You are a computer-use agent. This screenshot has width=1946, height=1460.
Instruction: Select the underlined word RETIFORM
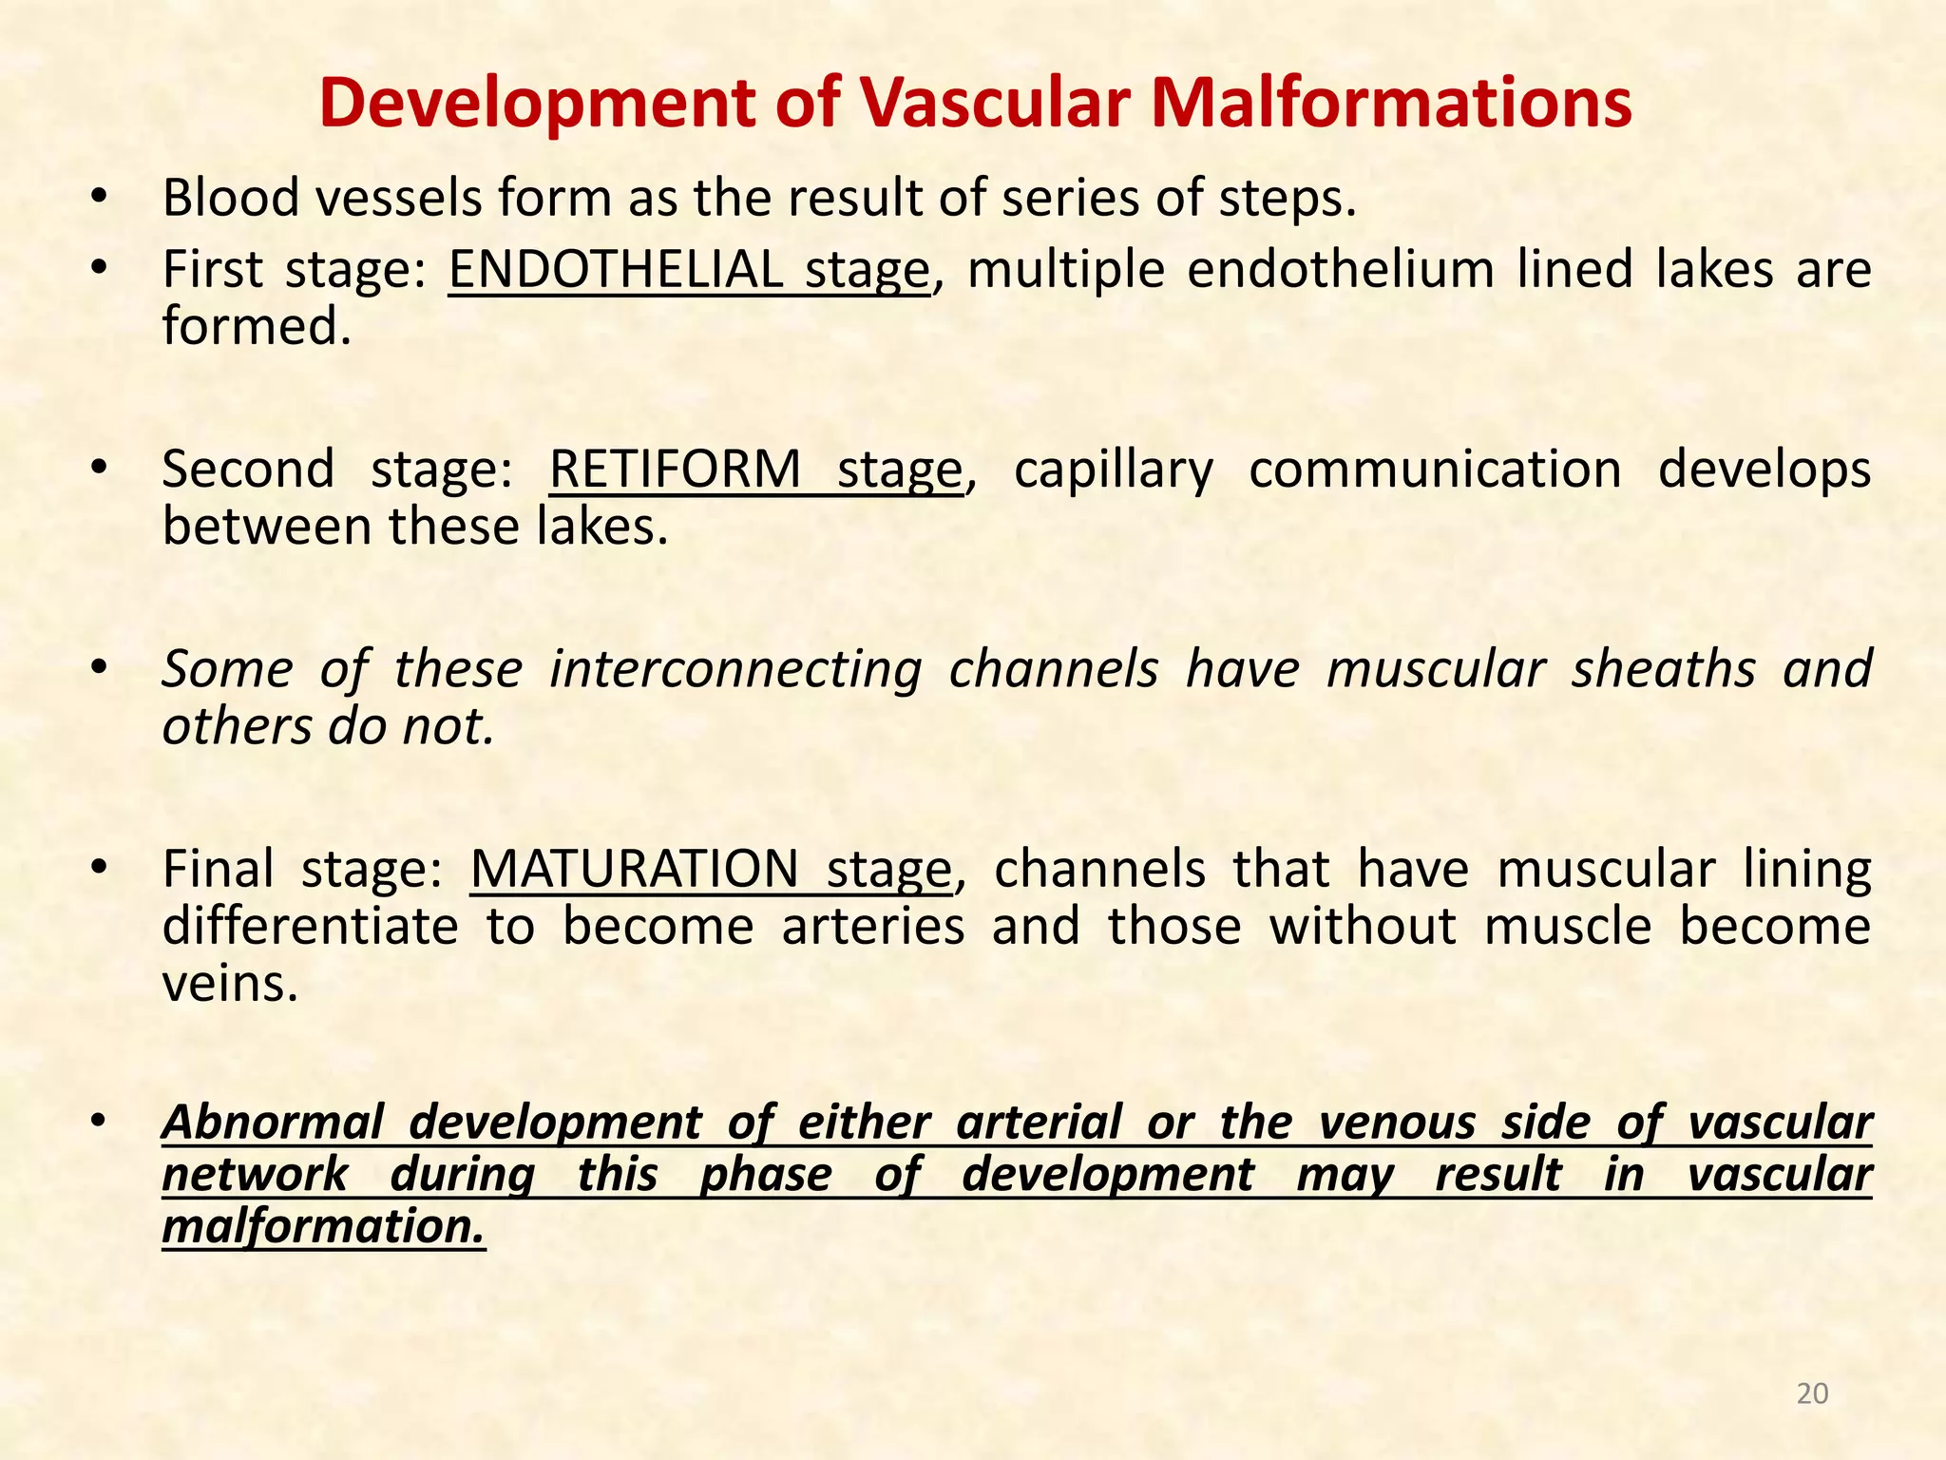coord(676,470)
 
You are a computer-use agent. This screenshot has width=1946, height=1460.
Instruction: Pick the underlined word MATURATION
coord(634,869)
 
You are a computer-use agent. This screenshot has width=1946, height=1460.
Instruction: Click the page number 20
coord(1813,1393)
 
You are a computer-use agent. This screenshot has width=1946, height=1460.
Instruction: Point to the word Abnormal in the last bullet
coord(272,1122)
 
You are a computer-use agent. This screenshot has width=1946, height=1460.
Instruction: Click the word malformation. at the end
coord(323,1226)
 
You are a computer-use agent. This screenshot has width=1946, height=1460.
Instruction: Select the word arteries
coord(873,926)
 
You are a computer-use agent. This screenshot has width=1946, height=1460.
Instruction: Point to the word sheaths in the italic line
coord(1663,669)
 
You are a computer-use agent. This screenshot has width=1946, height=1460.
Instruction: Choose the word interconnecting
coord(735,669)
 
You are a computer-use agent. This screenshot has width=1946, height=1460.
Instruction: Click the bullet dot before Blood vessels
coord(98,199)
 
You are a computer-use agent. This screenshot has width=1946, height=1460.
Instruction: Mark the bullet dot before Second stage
coord(98,470)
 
